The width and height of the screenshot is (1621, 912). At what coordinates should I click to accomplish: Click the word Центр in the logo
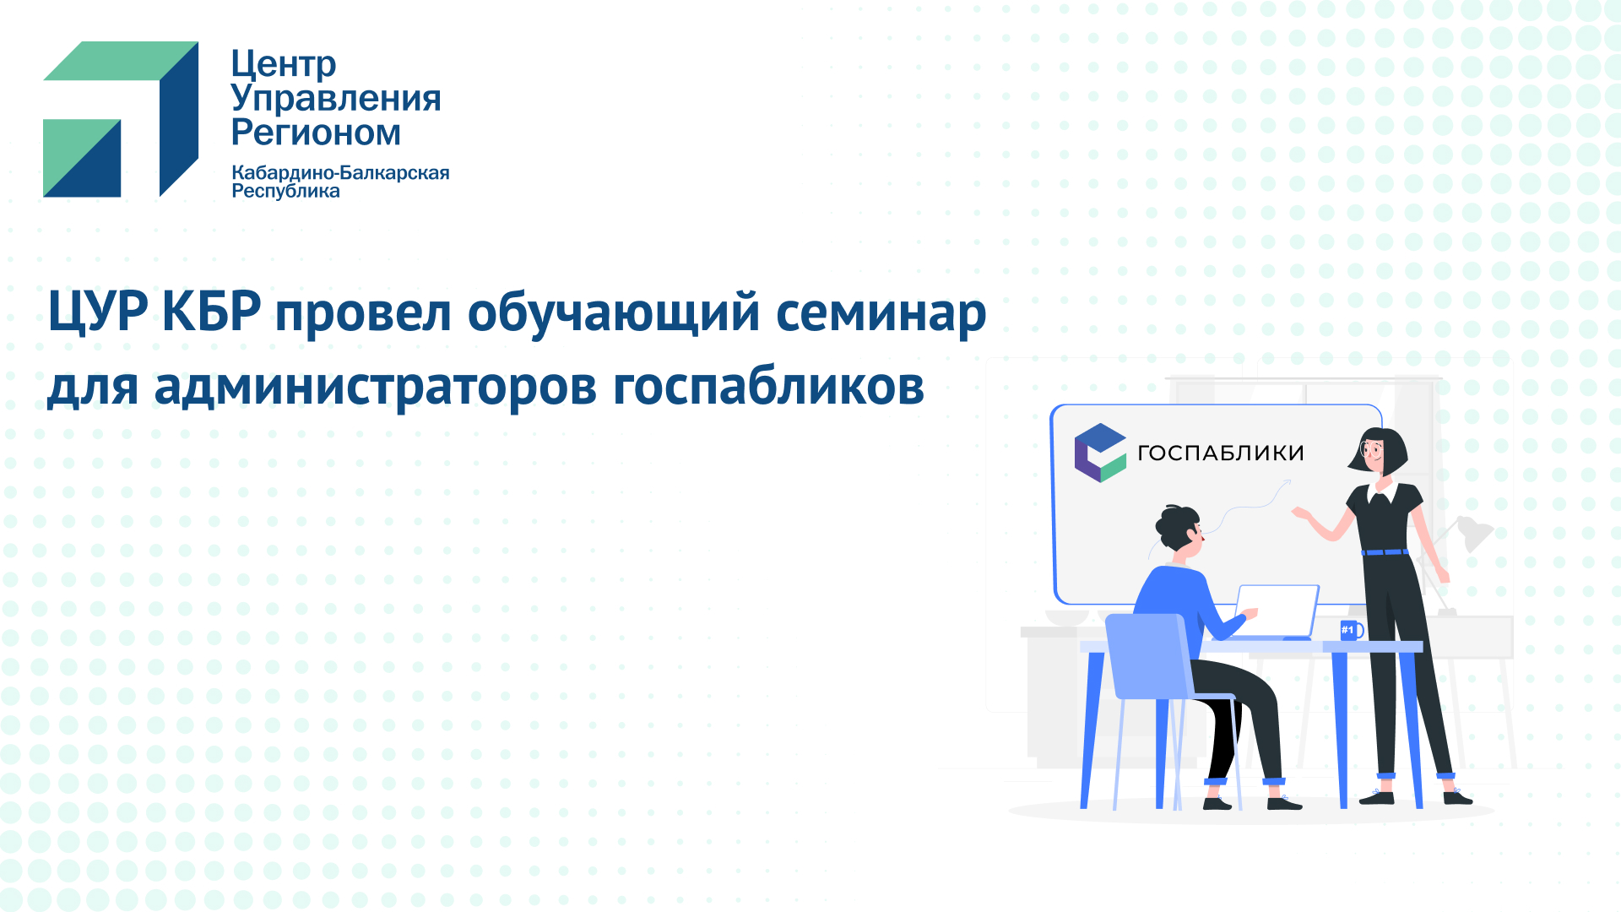[x=284, y=64]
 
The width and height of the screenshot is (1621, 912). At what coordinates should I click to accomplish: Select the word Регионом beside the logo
[x=316, y=133]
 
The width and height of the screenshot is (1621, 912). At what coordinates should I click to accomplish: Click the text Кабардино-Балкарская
[x=340, y=173]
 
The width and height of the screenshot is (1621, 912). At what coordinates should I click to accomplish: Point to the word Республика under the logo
[x=285, y=192]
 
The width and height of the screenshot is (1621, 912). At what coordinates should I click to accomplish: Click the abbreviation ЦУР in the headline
[x=99, y=312]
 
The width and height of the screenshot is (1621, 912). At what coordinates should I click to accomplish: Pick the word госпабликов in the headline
[x=768, y=387]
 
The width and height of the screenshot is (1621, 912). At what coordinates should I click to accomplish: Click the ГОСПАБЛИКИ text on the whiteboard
[x=1221, y=453]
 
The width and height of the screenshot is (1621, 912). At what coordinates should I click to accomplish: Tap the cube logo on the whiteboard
[x=1100, y=453]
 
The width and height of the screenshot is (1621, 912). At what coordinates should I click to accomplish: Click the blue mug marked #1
[x=1351, y=630]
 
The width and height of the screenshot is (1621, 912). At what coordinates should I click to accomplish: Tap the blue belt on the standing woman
[x=1385, y=552]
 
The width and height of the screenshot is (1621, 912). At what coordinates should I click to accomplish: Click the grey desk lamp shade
[x=1476, y=533]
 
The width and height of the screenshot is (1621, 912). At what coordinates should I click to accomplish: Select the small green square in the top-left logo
[x=82, y=158]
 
